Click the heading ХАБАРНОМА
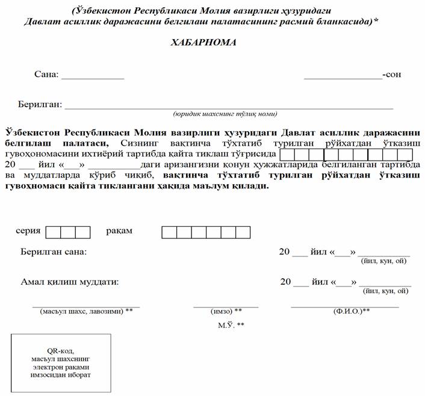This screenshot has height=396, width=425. pyautogui.click(x=205, y=43)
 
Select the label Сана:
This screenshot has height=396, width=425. pyautogui.click(x=47, y=75)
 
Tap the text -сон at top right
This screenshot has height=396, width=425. pyautogui.click(x=392, y=75)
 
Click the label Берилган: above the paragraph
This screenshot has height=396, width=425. pyautogui.click(x=40, y=104)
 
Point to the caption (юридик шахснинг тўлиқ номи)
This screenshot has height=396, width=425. pyautogui.click(x=225, y=114)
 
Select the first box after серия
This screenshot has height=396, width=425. pyautogui.click(x=53, y=232)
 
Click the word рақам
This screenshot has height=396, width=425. pyautogui.click(x=119, y=231)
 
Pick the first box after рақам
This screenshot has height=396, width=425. pyautogui.click(x=169, y=232)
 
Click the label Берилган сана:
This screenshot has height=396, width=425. pyautogui.click(x=54, y=251)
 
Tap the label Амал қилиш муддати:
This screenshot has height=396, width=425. pyautogui.click(x=69, y=281)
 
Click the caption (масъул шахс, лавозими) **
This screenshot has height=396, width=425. pyautogui.click(x=86, y=311)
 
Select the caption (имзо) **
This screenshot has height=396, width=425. pyautogui.click(x=226, y=311)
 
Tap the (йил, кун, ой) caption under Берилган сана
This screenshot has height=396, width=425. pyautogui.click(x=384, y=261)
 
